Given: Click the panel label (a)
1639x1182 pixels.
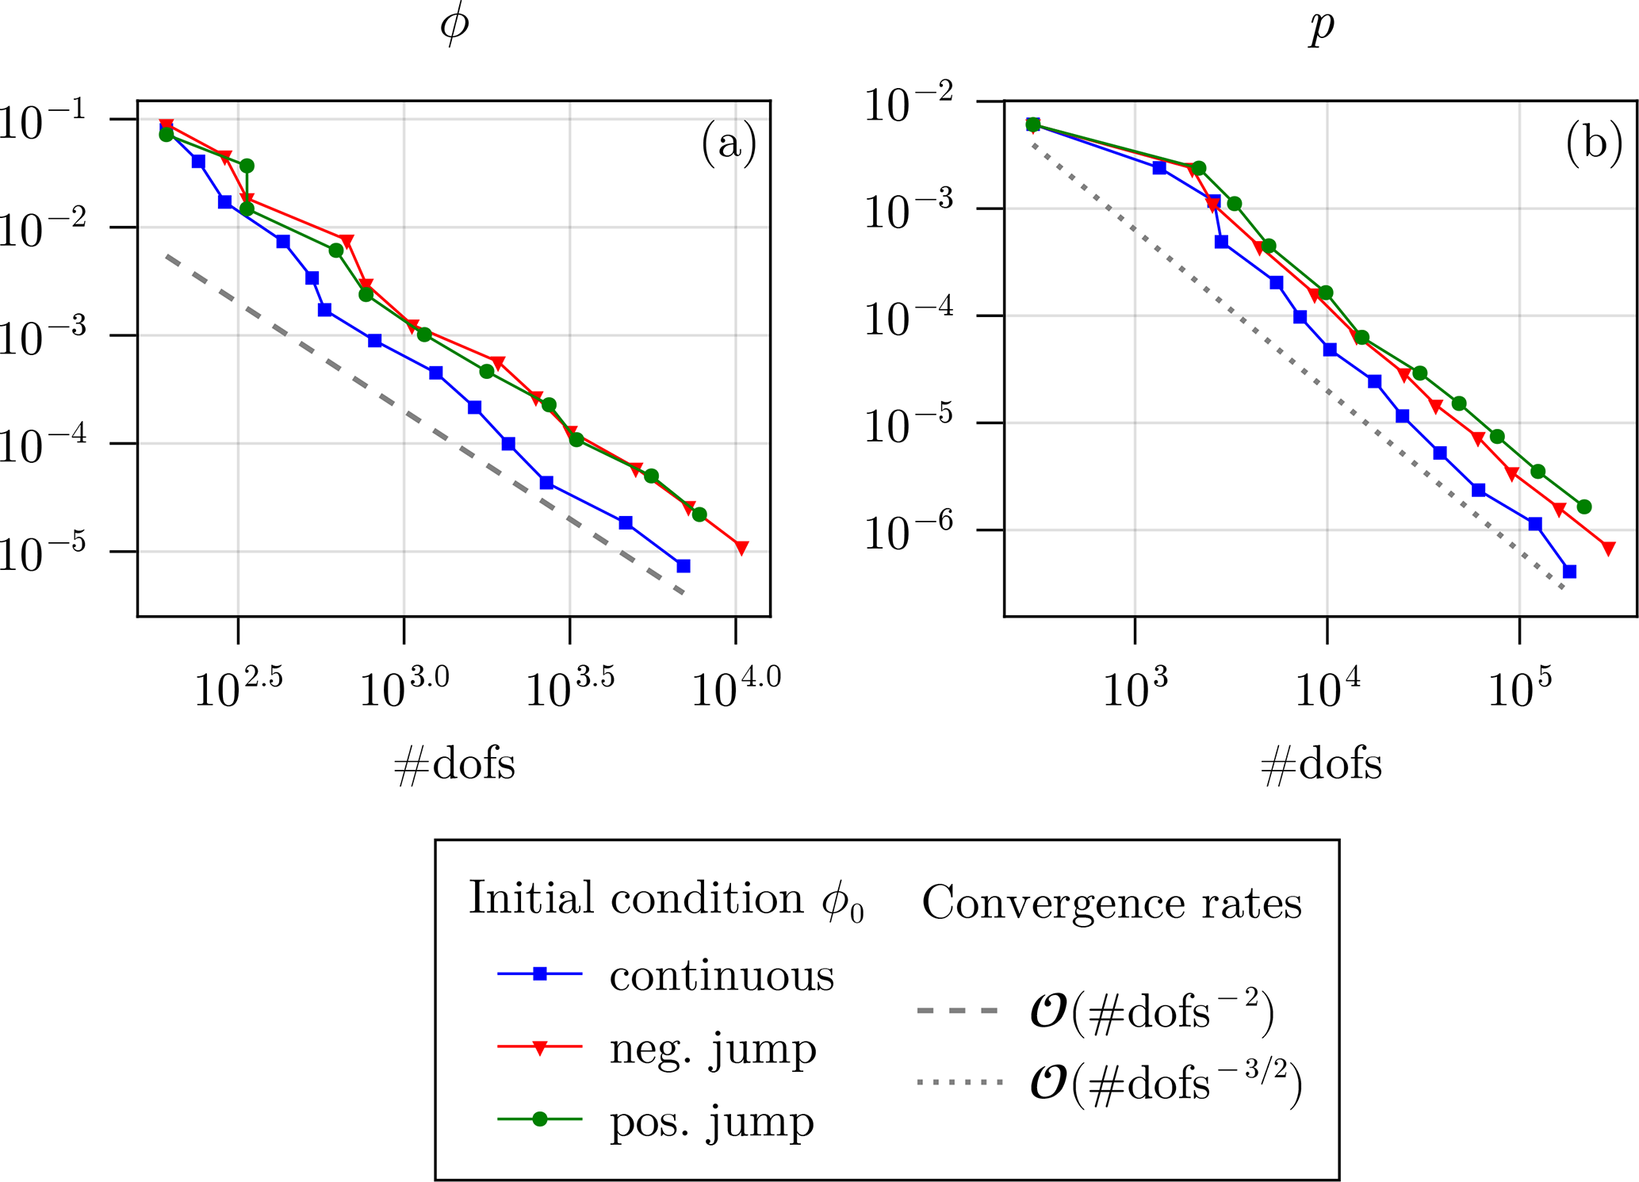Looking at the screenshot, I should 729,144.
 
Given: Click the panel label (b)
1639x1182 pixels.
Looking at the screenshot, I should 1594,144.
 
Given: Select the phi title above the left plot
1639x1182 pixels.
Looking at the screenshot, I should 454,25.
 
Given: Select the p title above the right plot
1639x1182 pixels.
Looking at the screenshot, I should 1321,27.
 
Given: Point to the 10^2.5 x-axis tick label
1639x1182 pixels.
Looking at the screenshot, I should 238,687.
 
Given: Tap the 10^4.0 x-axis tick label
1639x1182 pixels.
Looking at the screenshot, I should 736,687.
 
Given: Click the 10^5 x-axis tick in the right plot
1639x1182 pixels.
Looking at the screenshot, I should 1519,687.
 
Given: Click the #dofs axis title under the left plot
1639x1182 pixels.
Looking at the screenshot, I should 454,765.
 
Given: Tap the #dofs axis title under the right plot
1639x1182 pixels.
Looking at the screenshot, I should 1321,765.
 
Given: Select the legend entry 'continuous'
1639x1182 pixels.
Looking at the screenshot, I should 721,975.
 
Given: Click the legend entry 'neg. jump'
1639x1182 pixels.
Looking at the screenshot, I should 712,1048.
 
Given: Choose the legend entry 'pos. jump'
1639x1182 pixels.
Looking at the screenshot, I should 711,1121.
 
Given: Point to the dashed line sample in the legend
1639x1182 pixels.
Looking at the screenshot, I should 957,1011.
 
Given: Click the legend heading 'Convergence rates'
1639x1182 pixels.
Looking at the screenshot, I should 1112,902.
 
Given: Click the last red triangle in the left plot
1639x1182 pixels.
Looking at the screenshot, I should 741,548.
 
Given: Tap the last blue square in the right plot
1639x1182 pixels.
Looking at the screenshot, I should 1569,572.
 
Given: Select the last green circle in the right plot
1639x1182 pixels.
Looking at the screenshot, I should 1584,507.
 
